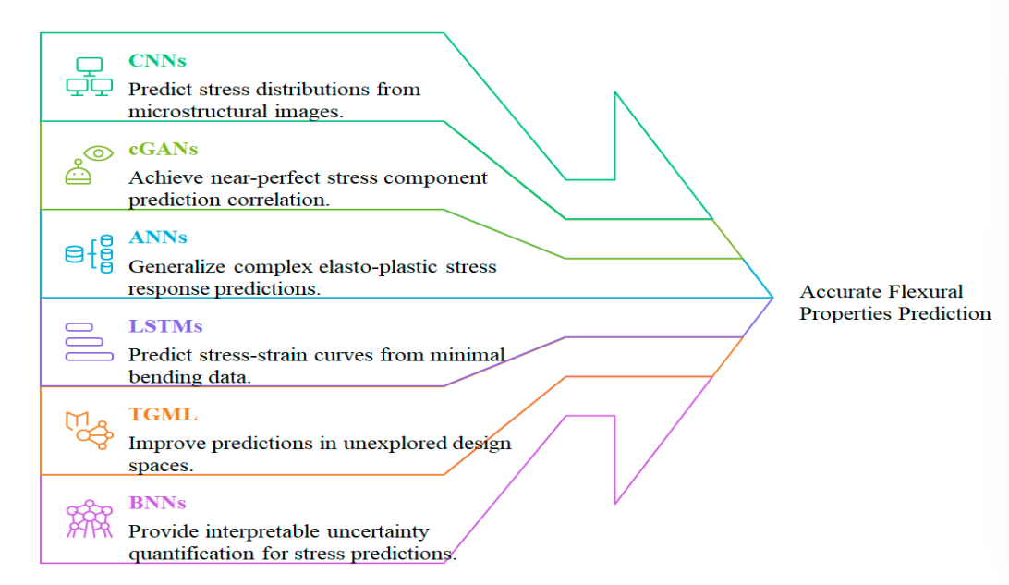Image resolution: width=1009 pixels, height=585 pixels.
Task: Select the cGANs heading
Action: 163,150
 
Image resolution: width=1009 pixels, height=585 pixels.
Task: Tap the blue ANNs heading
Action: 158,238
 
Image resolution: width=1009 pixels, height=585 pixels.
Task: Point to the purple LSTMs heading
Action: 165,326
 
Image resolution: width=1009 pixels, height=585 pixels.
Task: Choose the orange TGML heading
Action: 163,414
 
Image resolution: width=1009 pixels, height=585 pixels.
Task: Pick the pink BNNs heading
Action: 157,503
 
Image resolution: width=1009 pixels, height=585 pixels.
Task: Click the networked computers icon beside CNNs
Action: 90,77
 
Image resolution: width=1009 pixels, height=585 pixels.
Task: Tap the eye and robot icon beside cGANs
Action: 89,165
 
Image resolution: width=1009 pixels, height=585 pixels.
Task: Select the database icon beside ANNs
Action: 89,253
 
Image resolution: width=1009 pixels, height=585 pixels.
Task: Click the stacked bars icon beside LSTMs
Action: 89,342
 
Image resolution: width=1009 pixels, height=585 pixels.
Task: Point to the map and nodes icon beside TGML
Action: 90,430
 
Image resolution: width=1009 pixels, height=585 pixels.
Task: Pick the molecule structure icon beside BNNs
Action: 90,518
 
